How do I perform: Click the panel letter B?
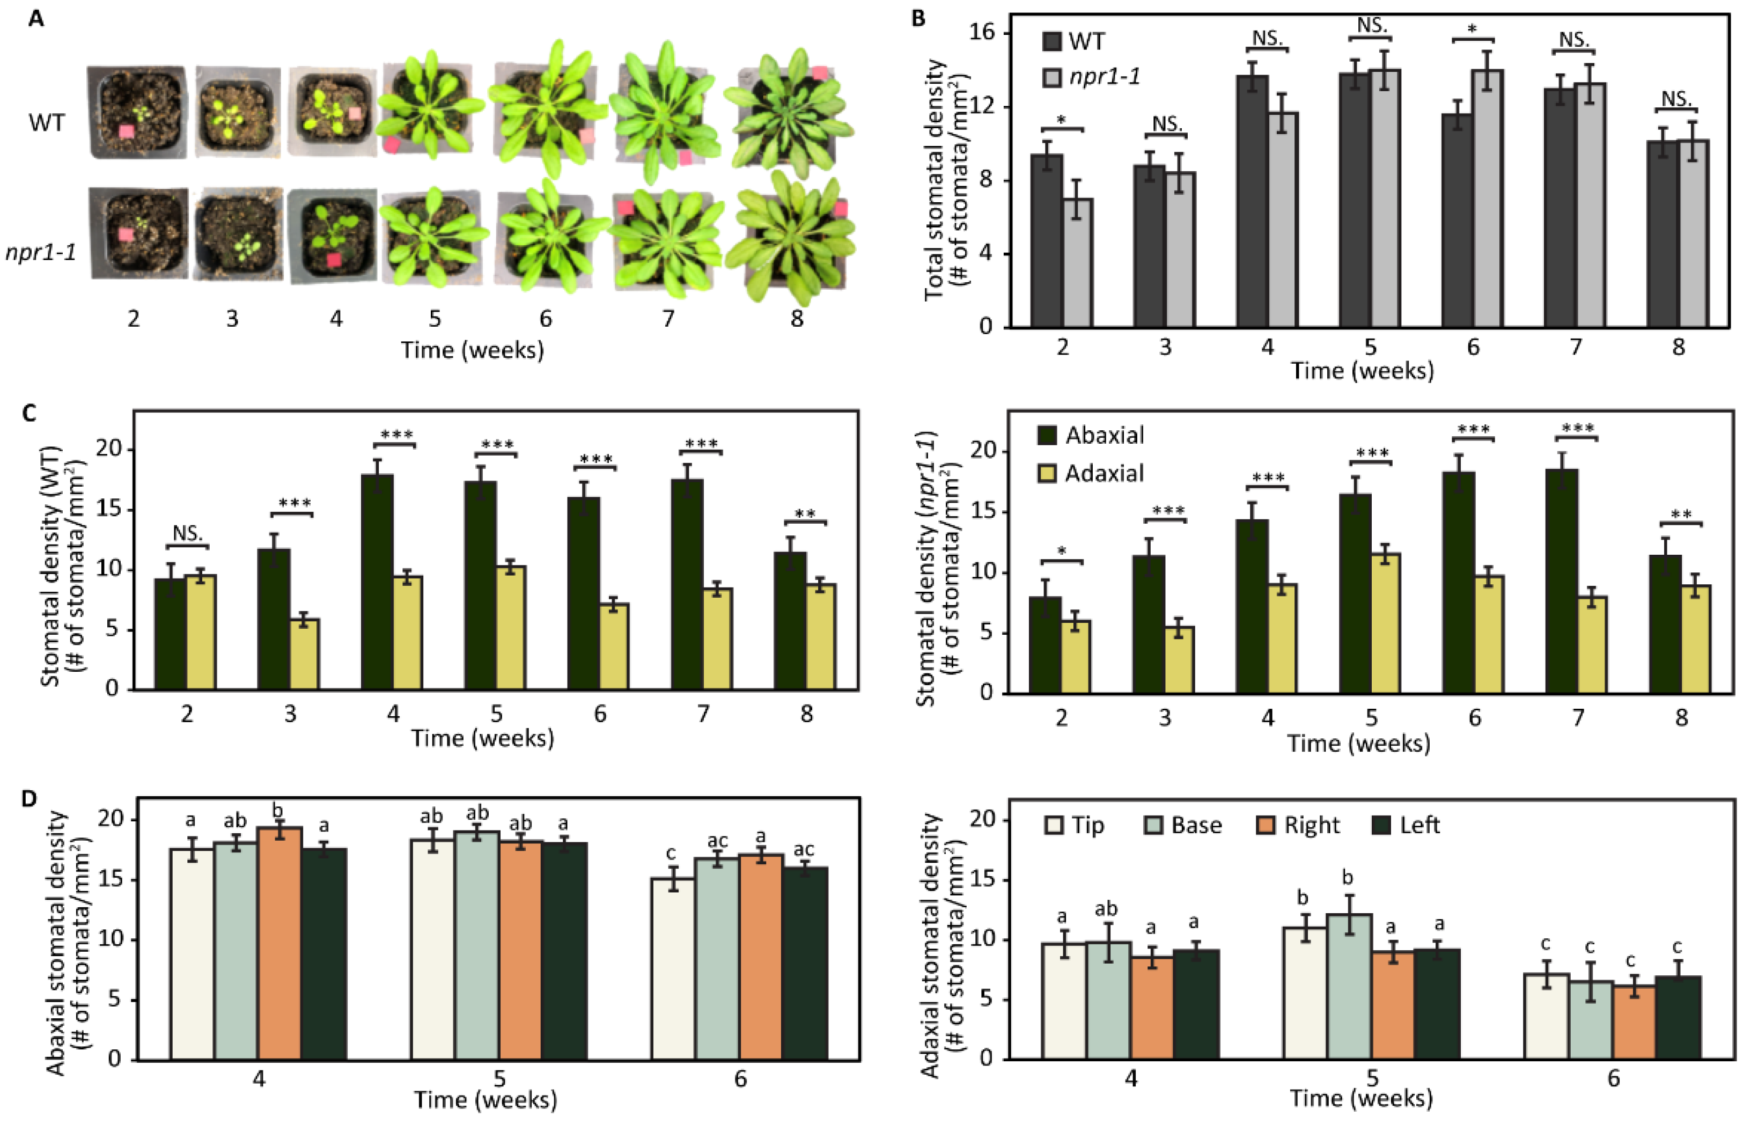click(918, 18)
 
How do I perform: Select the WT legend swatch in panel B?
click(1052, 42)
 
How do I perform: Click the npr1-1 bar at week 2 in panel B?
click(1078, 263)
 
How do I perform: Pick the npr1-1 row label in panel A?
click(40, 253)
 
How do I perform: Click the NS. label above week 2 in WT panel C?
click(188, 534)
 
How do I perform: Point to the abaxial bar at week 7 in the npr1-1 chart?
click(1562, 581)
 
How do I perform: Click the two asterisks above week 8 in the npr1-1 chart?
click(1681, 514)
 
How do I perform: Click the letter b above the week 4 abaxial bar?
click(277, 811)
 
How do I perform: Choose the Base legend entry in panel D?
click(1183, 825)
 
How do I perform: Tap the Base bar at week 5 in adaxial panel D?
click(1349, 986)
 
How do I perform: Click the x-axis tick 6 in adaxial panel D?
click(1614, 1079)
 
